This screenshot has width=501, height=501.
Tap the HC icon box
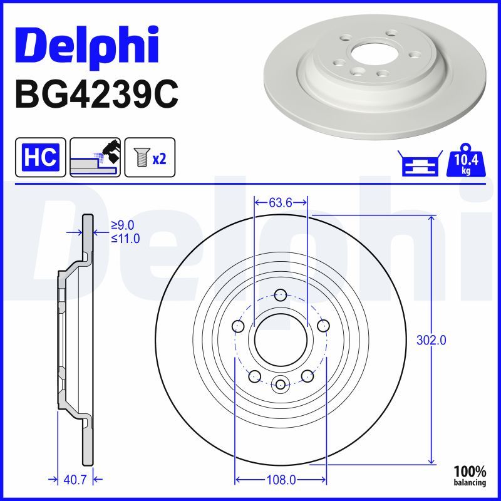[x=40, y=157]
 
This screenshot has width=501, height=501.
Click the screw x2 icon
[x=150, y=157]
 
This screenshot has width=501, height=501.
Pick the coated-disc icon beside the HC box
[x=95, y=157]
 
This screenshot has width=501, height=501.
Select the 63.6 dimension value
[x=281, y=202]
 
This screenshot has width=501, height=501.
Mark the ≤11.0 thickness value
[x=125, y=238]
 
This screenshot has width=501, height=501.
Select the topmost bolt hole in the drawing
[x=281, y=295]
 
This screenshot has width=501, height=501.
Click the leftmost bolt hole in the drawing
[x=238, y=326]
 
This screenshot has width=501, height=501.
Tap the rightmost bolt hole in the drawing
[x=323, y=326]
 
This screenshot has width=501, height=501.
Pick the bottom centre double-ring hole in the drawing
[x=281, y=385]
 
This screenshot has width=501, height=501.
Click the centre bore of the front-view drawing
[x=281, y=340]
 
